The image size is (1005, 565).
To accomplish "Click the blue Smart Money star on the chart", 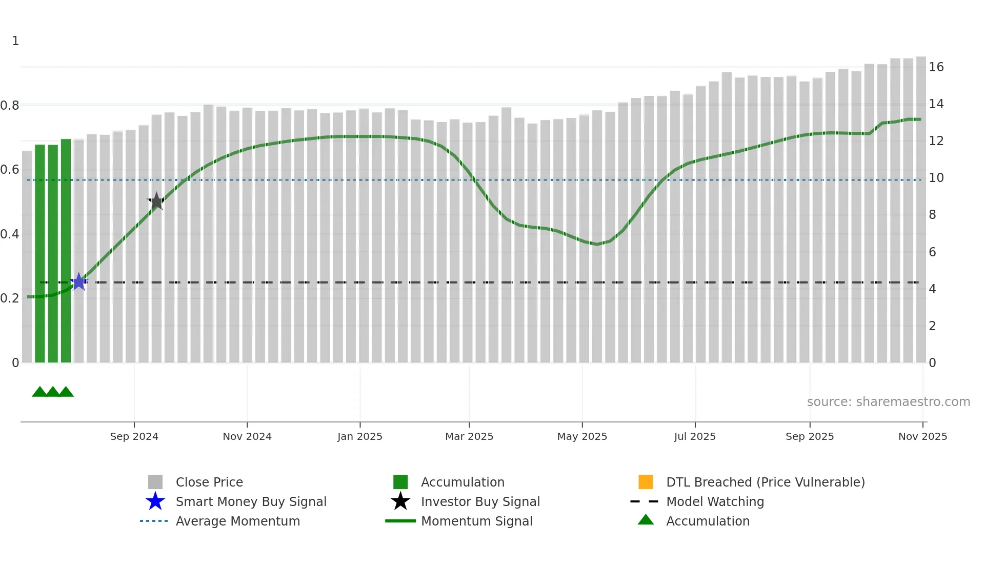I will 78,281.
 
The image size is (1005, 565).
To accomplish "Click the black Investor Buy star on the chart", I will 156,201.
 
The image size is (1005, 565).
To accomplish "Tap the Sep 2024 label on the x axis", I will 134,436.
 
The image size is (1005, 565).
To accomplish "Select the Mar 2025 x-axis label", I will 469,436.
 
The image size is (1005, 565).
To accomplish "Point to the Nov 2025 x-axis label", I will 922,436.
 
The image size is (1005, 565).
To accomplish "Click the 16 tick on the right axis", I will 936,67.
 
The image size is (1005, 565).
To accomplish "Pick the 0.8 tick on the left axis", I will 10,106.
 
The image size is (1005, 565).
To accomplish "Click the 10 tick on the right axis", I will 936,178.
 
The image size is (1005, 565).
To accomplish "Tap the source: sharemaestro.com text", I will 888,402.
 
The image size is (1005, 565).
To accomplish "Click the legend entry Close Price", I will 209,482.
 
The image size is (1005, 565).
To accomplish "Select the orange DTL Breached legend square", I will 646,482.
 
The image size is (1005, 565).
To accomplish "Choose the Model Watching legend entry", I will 714,501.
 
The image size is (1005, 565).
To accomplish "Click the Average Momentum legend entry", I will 237,521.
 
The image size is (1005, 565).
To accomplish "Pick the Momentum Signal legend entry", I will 476,521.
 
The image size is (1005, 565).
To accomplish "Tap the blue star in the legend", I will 155,501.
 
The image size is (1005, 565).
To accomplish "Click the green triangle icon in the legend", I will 646,520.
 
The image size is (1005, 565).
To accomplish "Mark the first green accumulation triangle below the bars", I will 39,392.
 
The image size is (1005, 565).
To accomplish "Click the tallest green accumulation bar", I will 66,251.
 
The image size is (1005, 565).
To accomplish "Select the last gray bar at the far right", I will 921,210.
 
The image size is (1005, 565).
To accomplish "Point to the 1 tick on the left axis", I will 15,41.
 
